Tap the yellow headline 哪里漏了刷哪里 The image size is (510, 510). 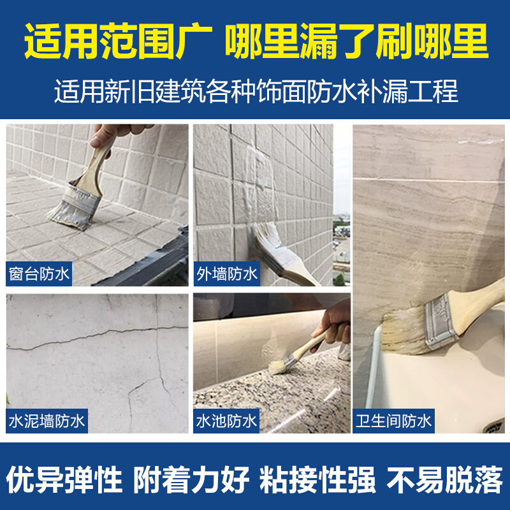pyautogui.click(x=356, y=40)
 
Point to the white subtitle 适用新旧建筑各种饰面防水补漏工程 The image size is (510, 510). pyautogui.click(x=256, y=91)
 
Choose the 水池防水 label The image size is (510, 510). pyautogui.click(x=227, y=421)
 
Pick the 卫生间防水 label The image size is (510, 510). pyautogui.click(x=393, y=421)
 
